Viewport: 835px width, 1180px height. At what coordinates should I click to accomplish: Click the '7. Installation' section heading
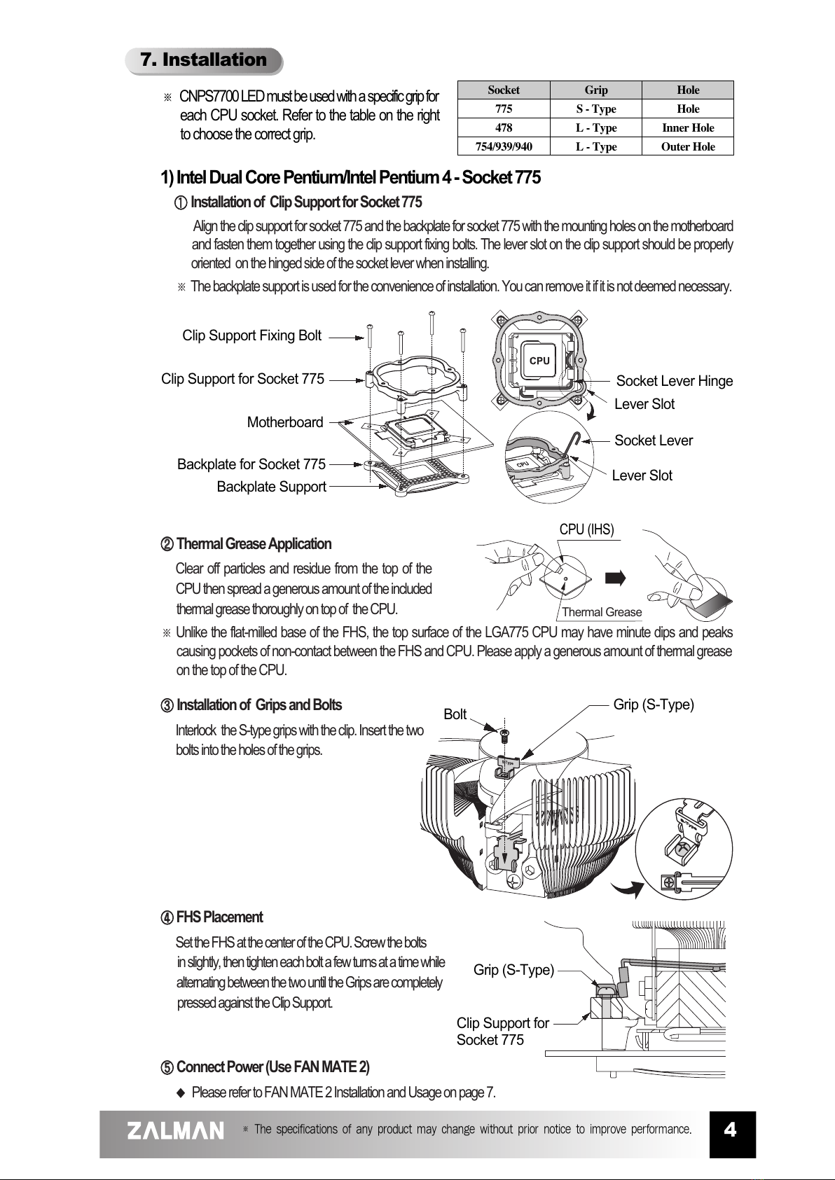point(204,60)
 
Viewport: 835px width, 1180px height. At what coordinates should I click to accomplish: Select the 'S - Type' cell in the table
point(595,109)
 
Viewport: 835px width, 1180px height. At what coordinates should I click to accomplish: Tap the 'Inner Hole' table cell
point(687,128)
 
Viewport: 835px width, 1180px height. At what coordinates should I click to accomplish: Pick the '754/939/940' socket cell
point(503,147)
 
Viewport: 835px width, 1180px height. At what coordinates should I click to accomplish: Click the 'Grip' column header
point(595,90)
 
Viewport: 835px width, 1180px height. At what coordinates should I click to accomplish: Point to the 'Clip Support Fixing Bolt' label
point(251,335)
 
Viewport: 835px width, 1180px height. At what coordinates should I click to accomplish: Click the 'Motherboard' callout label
point(285,422)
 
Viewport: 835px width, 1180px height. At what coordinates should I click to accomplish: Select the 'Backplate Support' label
point(271,487)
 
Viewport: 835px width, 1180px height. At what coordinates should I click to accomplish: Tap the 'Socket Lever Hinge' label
point(674,381)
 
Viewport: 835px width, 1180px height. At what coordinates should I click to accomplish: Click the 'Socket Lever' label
point(653,440)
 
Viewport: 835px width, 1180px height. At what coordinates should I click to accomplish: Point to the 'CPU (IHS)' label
point(586,529)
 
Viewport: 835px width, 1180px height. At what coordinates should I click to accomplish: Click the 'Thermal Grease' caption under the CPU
point(601,612)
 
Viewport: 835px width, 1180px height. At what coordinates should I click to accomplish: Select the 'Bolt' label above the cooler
point(455,714)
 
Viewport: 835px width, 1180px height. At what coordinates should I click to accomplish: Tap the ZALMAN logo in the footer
point(176,1130)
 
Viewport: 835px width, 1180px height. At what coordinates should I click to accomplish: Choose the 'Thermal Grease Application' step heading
point(254,544)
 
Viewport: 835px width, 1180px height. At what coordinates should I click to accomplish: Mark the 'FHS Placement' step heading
point(219,917)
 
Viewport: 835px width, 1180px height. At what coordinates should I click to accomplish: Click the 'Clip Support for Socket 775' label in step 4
point(502,1032)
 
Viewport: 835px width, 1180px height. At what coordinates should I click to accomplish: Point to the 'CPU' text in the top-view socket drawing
point(539,361)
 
